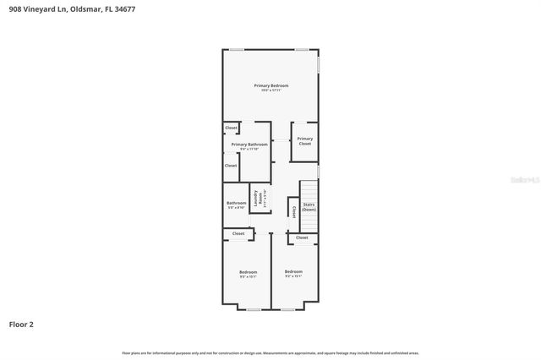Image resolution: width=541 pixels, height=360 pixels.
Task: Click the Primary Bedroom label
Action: [x=271, y=85]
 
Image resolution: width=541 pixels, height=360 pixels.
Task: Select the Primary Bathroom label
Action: [x=249, y=145]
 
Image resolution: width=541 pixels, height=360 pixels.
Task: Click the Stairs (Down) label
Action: [x=309, y=206]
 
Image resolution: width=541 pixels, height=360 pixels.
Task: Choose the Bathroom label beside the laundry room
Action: [x=236, y=203]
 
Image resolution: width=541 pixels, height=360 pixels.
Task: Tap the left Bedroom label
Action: [x=248, y=271]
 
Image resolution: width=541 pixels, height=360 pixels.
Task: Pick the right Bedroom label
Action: [x=293, y=270]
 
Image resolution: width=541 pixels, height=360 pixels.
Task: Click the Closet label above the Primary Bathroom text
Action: [x=231, y=128]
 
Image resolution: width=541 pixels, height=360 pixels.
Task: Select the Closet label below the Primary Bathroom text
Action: [x=231, y=166]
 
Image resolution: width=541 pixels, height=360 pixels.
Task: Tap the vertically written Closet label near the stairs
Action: [x=292, y=211]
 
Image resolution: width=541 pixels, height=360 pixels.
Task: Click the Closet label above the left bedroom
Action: [x=238, y=233]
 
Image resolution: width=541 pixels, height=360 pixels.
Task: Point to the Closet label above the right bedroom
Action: [x=302, y=237]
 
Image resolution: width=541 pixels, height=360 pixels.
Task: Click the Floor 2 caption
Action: [x=21, y=324]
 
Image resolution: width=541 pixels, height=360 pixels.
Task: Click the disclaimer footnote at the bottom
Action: [x=270, y=352]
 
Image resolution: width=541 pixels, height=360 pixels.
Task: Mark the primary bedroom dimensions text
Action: [x=271, y=90]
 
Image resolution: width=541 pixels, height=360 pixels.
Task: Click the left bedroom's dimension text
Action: [x=248, y=276]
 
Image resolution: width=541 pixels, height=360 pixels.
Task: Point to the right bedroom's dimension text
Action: [x=293, y=275]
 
